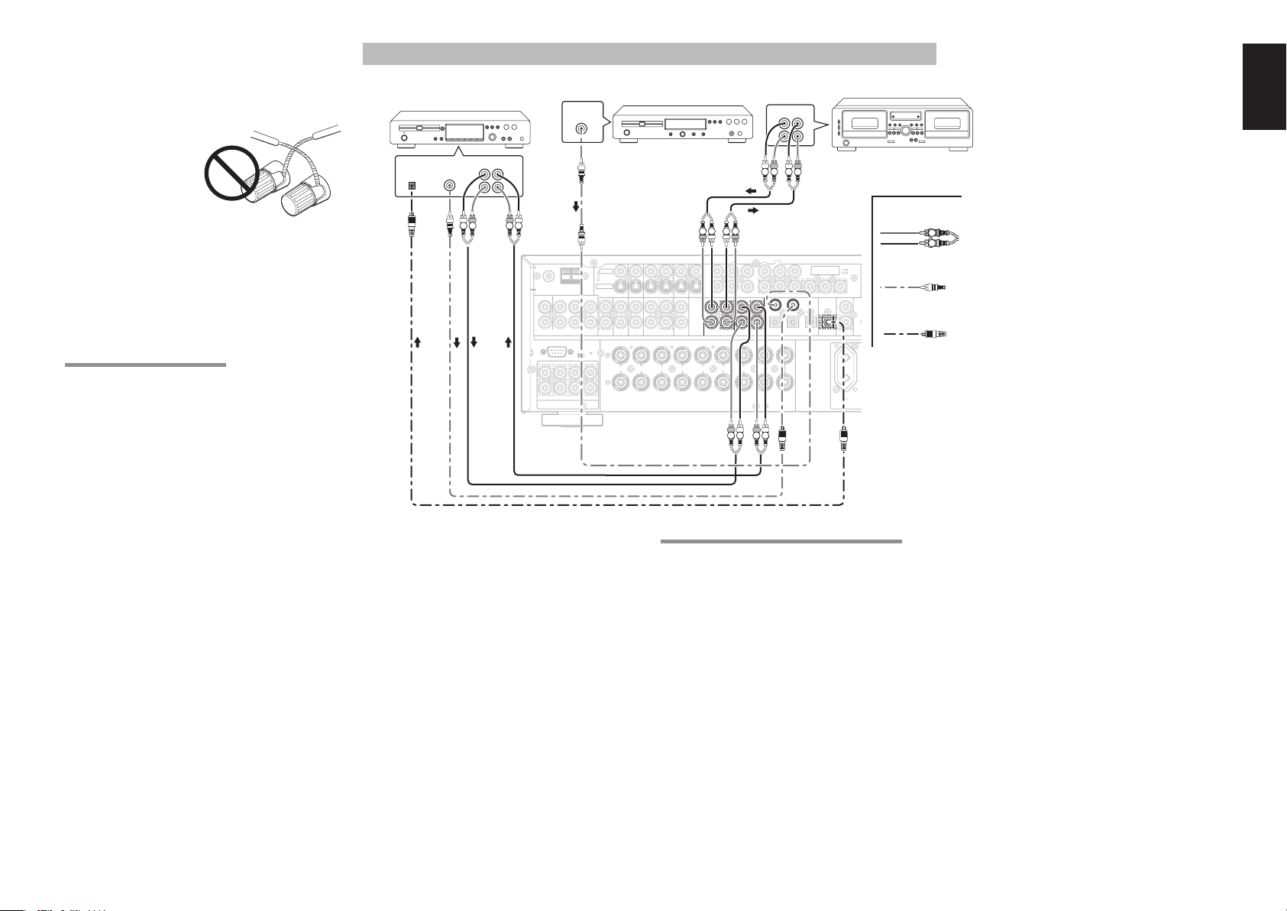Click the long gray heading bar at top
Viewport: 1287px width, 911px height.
(x=649, y=53)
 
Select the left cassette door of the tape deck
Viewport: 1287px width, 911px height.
(x=864, y=123)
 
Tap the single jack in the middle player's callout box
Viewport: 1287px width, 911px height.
(x=582, y=130)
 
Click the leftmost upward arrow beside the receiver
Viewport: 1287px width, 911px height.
(x=417, y=344)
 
